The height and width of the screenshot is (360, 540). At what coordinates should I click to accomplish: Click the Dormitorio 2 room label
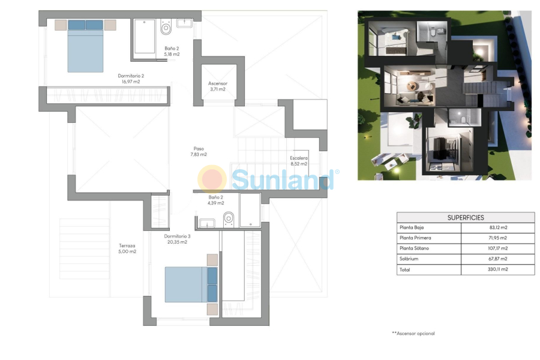pyautogui.click(x=131, y=76)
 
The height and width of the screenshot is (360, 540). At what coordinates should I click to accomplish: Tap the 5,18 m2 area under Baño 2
pyautogui.click(x=172, y=55)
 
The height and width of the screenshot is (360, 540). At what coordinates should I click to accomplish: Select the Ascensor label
pyautogui.click(x=217, y=83)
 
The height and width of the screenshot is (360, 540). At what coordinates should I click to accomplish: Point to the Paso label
pyautogui.click(x=199, y=149)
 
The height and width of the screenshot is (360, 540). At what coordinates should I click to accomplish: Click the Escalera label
pyautogui.click(x=299, y=158)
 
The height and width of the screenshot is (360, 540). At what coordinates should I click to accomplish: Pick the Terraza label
pyautogui.click(x=127, y=245)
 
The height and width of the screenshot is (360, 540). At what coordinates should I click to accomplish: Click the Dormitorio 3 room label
pyautogui.click(x=177, y=236)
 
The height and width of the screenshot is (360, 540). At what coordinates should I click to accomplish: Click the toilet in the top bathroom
pyautogui.click(x=166, y=28)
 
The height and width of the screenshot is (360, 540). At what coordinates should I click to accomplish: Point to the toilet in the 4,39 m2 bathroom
pyautogui.click(x=229, y=218)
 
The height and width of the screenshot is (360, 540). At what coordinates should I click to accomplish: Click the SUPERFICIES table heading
pyautogui.click(x=466, y=218)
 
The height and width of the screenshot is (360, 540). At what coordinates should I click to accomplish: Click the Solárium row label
pyautogui.click(x=409, y=259)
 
